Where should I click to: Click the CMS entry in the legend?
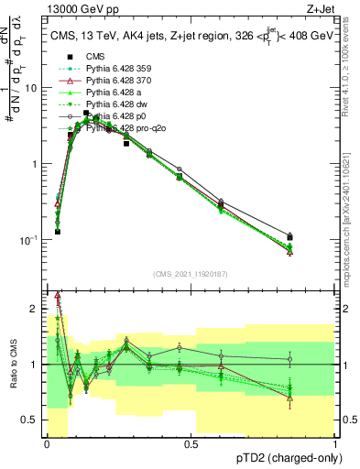pos(95,56)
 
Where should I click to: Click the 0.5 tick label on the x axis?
pos(191,443)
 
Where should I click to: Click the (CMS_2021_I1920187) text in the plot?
pos(191,274)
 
